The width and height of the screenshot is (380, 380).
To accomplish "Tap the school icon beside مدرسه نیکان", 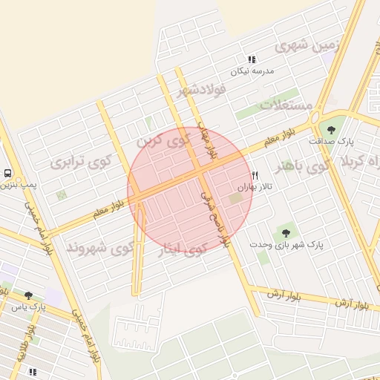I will pyautogui.click(x=252, y=59).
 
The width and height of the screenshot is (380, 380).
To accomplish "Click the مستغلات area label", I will pyautogui.click(x=286, y=105).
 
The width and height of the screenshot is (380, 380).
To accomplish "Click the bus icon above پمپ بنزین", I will pyautogui.click(x=7, y=173).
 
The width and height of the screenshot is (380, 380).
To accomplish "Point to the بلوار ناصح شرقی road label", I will pyautogui.click(x=215, y=217).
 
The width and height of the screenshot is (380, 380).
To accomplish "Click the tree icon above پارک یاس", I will pyautogui.click(x=28, y=295).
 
